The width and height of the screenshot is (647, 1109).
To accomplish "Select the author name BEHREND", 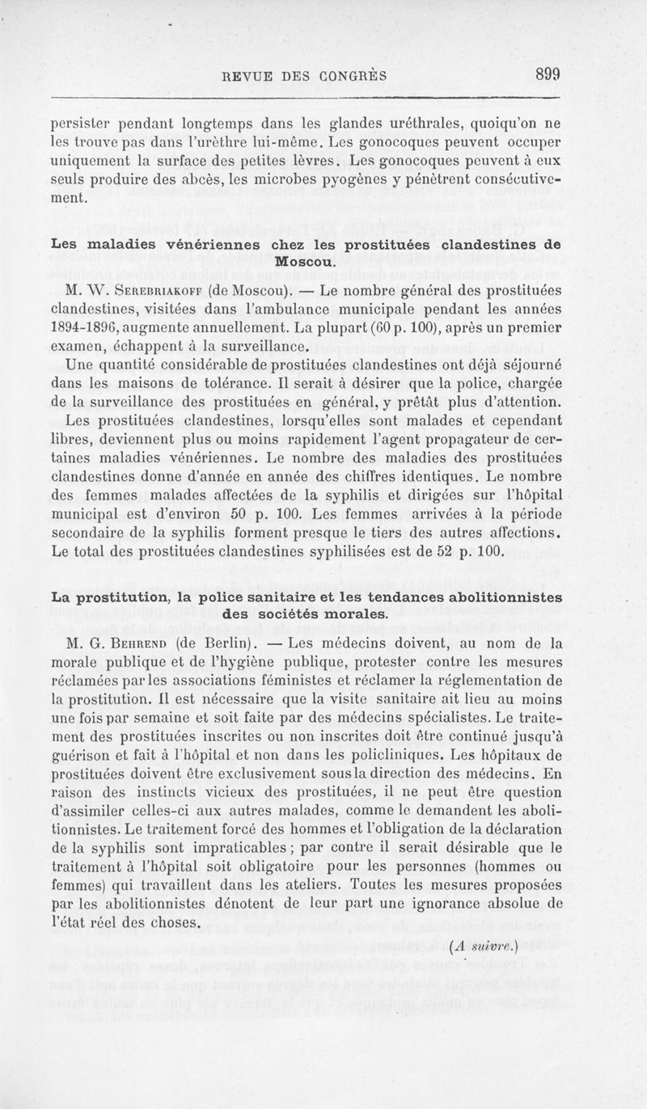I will [x=141, y=643].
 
